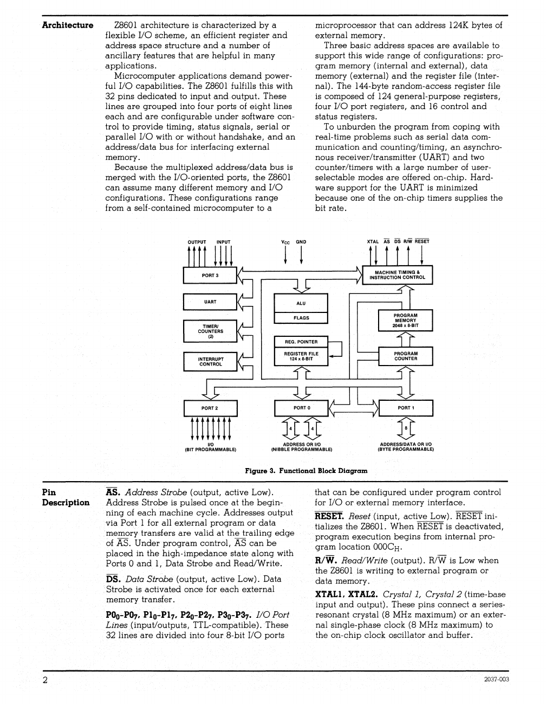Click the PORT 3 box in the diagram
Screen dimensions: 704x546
pos(210,276)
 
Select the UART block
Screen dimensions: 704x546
pos(210,302)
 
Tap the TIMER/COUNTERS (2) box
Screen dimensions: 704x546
pos(210,331)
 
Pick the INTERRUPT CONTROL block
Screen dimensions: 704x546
pos(210,361)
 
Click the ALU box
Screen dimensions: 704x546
pos(301,303)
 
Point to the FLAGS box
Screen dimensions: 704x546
pos(301,318)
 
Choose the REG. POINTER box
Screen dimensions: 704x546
pos(301,342)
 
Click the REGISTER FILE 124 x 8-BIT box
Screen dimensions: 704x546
pos(301,356)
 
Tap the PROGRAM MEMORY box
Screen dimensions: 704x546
pos(405,321)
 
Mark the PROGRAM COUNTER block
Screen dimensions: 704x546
pos(405,356)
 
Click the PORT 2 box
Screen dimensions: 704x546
pos(210,408)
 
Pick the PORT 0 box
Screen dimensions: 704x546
pos(302,408)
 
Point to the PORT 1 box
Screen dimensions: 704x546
pos(406,408)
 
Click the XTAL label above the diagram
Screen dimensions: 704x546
pos(373,242)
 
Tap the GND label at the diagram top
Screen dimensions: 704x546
pos(301,242)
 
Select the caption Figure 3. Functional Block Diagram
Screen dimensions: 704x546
pos(306,471)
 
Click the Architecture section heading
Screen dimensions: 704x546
pos(68,25)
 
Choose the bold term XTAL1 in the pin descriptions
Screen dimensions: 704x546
pos(330,594)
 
